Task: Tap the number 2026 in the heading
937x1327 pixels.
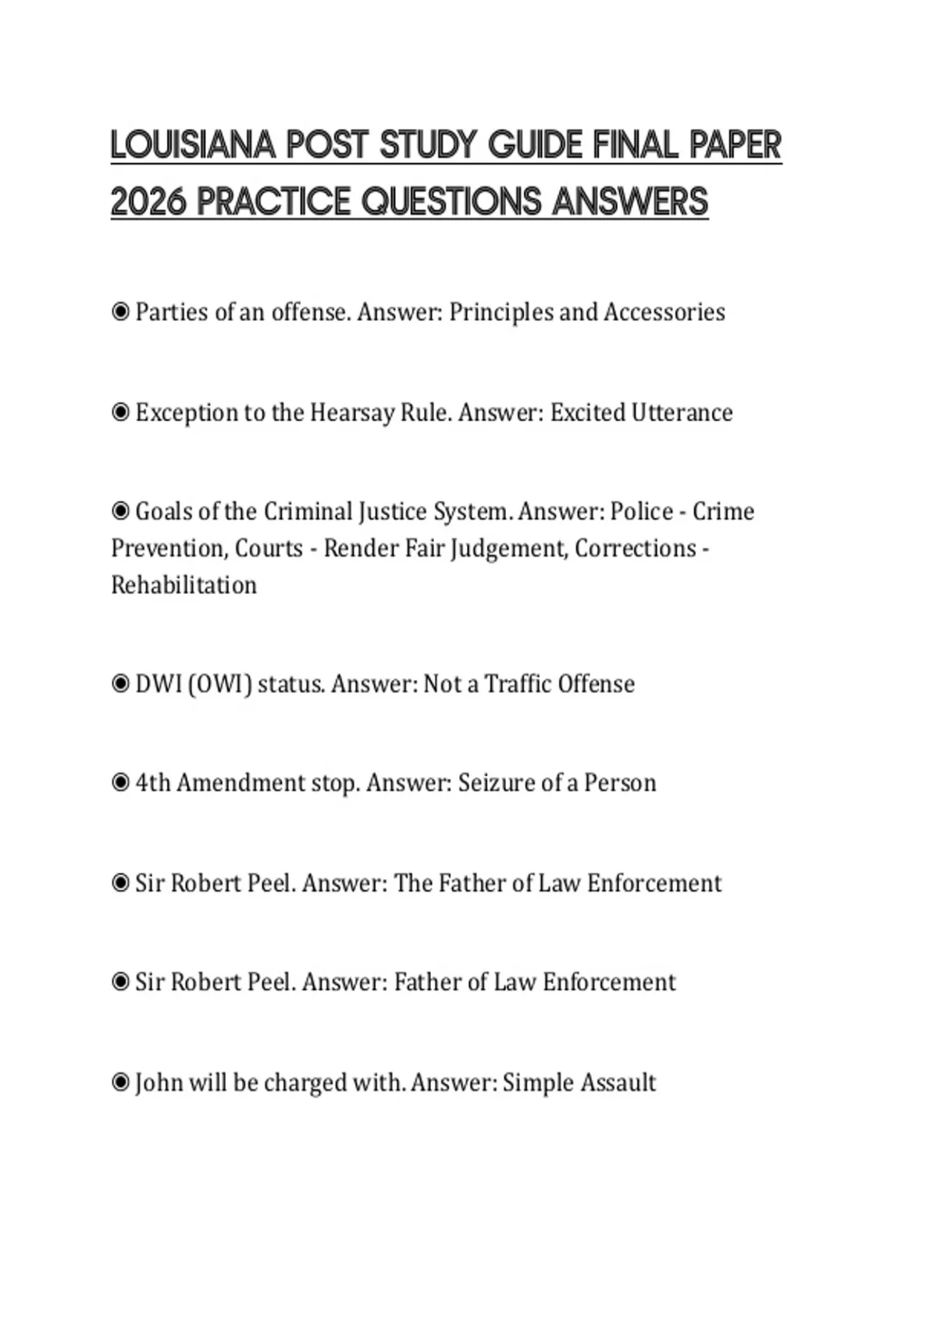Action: pyautogui.click(x=148, y=202)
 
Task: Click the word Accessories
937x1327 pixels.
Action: pyautogui.click(x=664, y=312)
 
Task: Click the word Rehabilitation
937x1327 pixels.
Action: pyautogui.click(x=183, y=585)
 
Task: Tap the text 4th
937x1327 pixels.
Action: pyautogui.click(x=152, y=782)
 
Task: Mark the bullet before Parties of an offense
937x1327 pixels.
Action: pyautogui.click(x=120, y=312)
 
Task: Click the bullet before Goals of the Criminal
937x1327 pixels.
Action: pyautogui.click(x=120, y=511)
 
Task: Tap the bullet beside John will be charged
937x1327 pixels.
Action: pyautogui.click(x=120, y=1083)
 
